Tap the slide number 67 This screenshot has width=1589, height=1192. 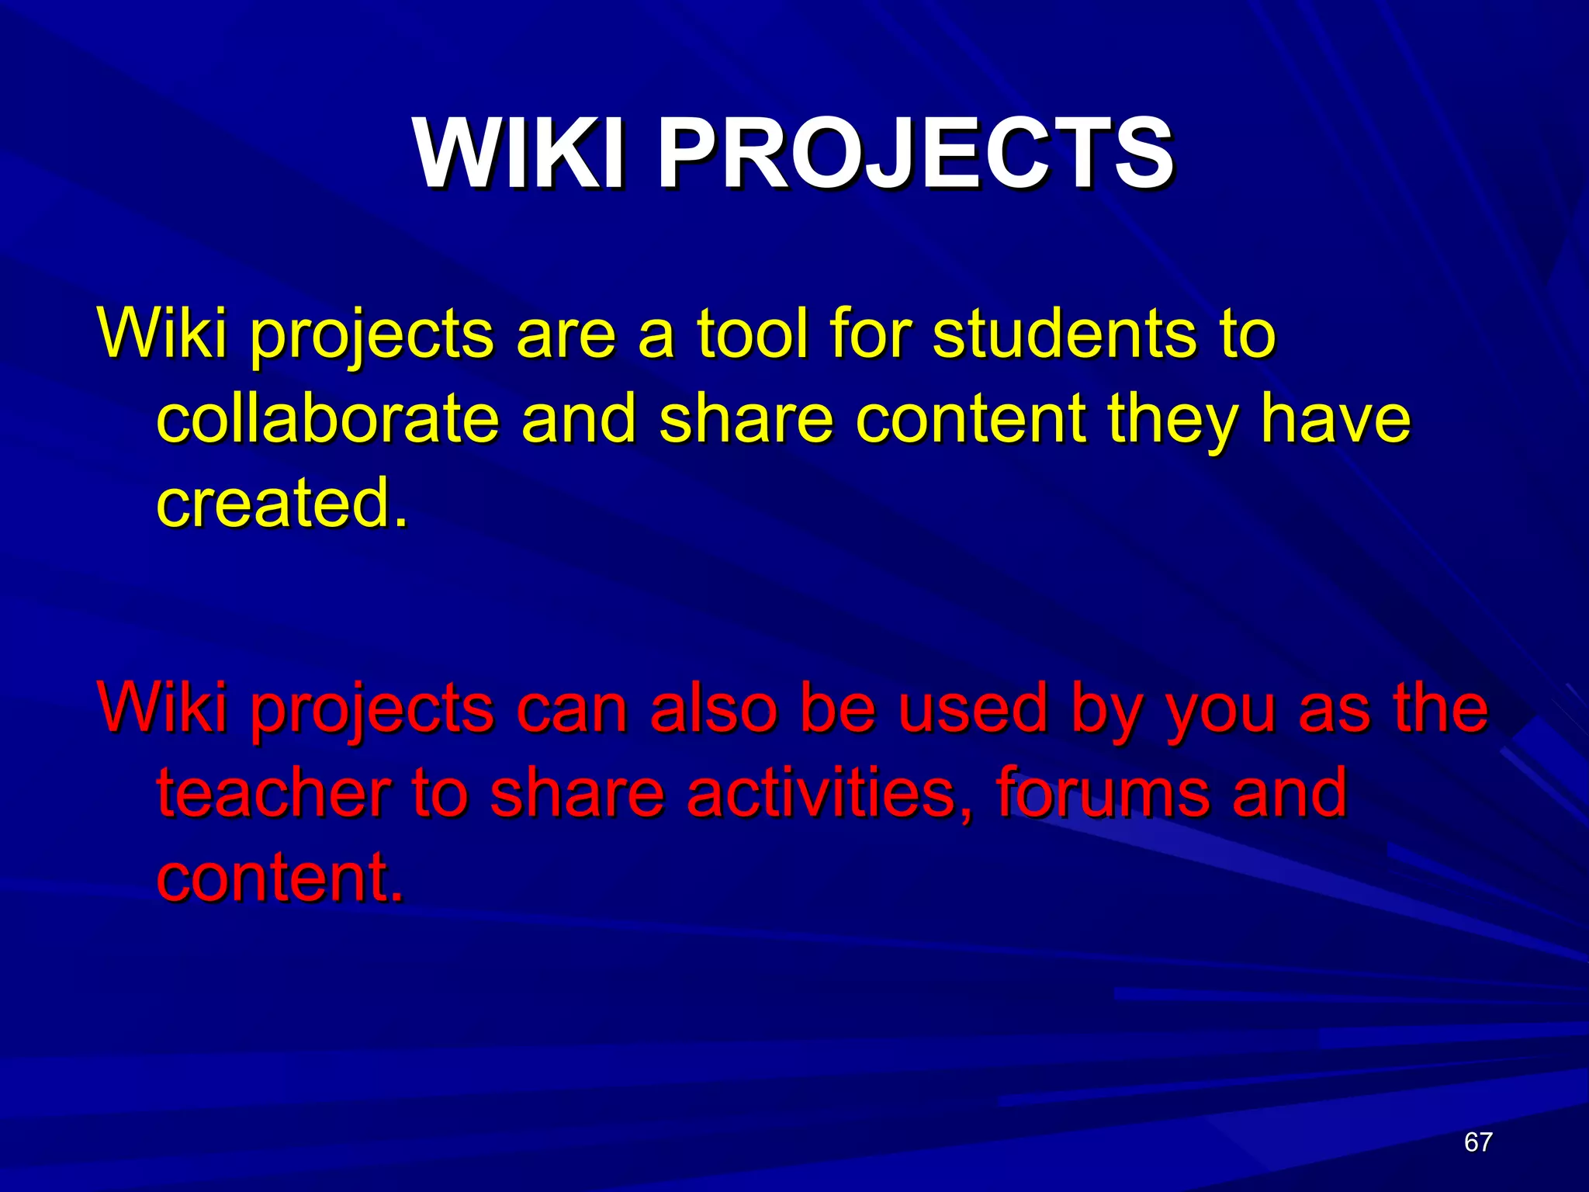coord(1478,1142)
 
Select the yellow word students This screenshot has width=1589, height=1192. coord(1062,334)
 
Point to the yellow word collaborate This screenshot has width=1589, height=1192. coord(327,419)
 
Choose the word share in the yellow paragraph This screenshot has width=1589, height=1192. coord(746,419)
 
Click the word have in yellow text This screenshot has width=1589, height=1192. coord(1335,419)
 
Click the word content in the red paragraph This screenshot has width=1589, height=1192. coord(279,877)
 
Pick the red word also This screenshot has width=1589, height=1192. coord(713,709)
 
